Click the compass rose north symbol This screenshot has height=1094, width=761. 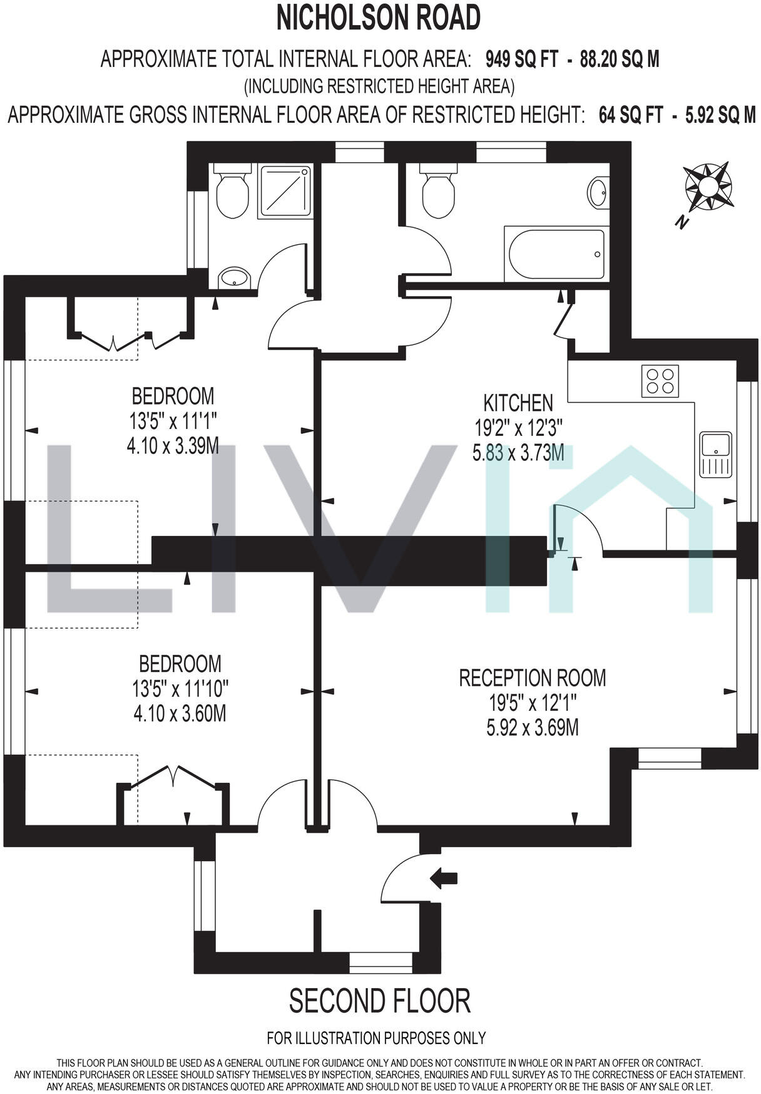point(708,187)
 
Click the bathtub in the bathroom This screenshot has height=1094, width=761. point(556,254)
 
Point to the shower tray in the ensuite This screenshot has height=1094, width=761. point(285,192)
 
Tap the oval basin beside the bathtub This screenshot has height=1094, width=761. point(598,192)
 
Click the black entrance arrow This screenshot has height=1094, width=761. point(444,879)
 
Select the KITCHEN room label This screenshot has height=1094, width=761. point(518,402)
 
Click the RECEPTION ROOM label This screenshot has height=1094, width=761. point(533,678)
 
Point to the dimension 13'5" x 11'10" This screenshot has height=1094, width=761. point(180,689)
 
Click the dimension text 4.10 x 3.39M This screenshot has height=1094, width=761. point(173,446)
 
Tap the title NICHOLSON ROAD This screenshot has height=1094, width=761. point(379,18)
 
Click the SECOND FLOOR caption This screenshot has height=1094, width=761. point(379,1001)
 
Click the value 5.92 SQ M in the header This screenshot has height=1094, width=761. point(721,115)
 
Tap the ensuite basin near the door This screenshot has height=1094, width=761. point(235,277)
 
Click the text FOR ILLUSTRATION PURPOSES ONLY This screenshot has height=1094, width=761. point(376,1038)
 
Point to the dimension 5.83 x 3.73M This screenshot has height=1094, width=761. point(518,452)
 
